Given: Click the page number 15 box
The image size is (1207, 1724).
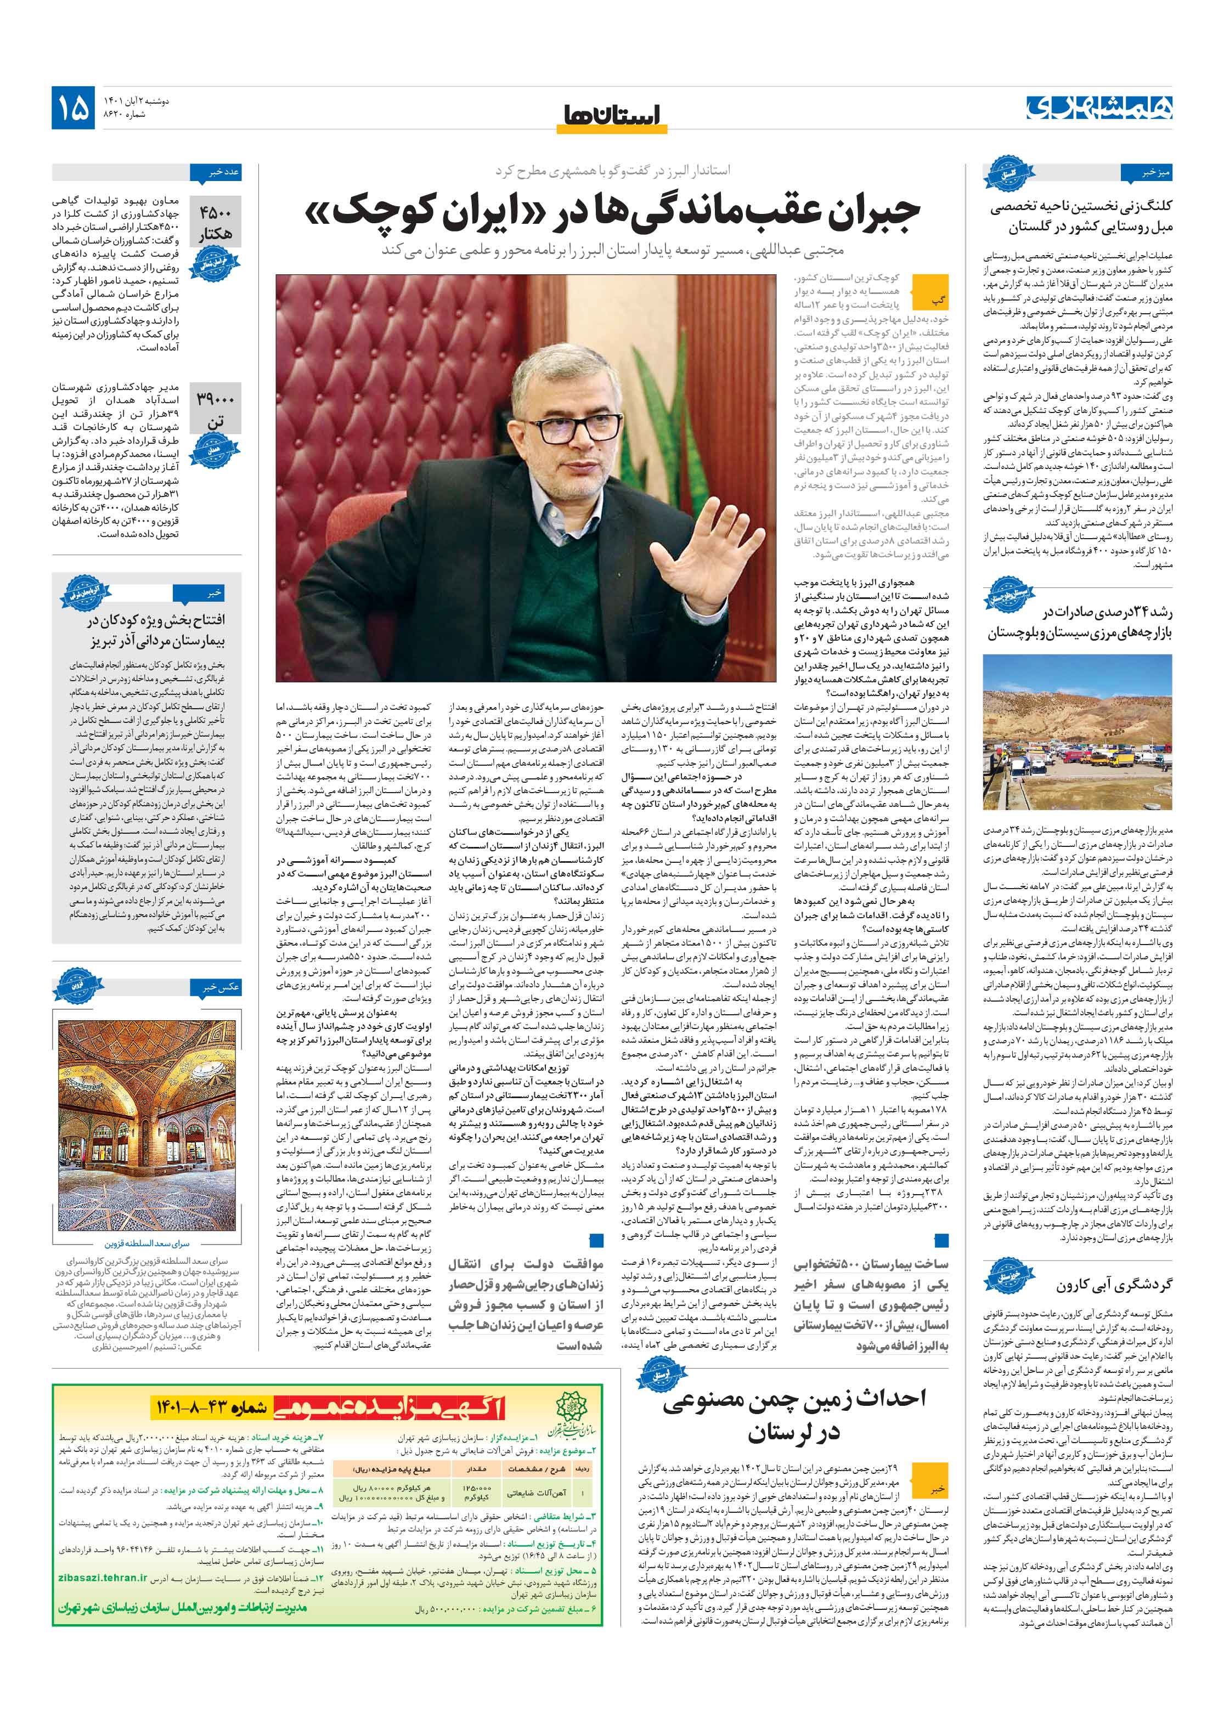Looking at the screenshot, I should pos(73,108).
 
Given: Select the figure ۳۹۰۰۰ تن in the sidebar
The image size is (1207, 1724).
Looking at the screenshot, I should pos(216,410).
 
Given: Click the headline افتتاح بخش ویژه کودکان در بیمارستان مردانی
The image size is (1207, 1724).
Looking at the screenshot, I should pos(155,631).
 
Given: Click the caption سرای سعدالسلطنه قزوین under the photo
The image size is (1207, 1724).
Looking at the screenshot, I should pos(147,1244).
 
